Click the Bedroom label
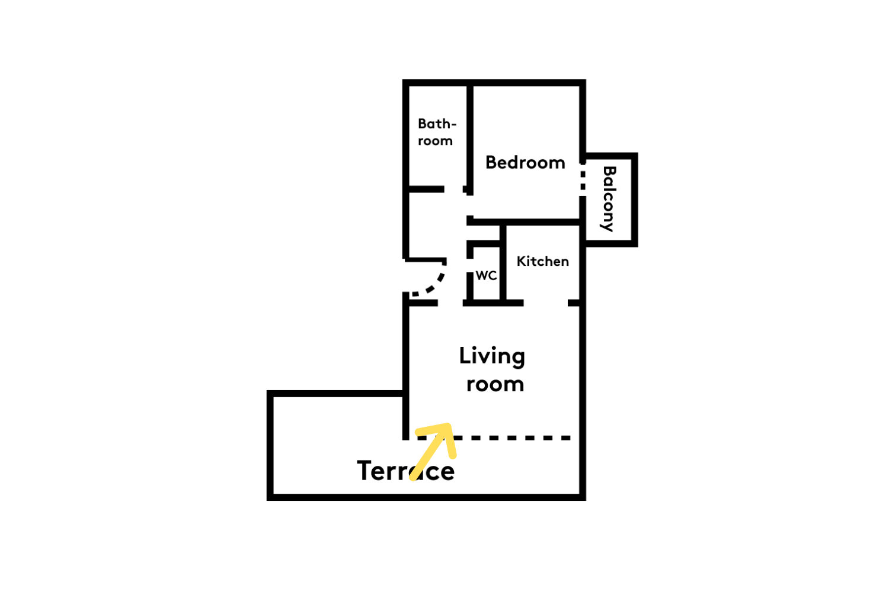[x=525, y=163]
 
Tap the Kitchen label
[x=542, y=261]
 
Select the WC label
[x=486, y=275]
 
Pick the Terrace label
[x=405, y=471]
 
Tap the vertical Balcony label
[x=609, y=199]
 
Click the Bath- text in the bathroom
[x=437, y=124]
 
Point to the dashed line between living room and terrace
[x=494, y=437]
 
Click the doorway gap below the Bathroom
[x=453, y=189]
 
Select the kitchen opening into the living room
[x=546, y=303]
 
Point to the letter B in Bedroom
[x=491, y=163]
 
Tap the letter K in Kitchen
[x=522, y=261]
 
